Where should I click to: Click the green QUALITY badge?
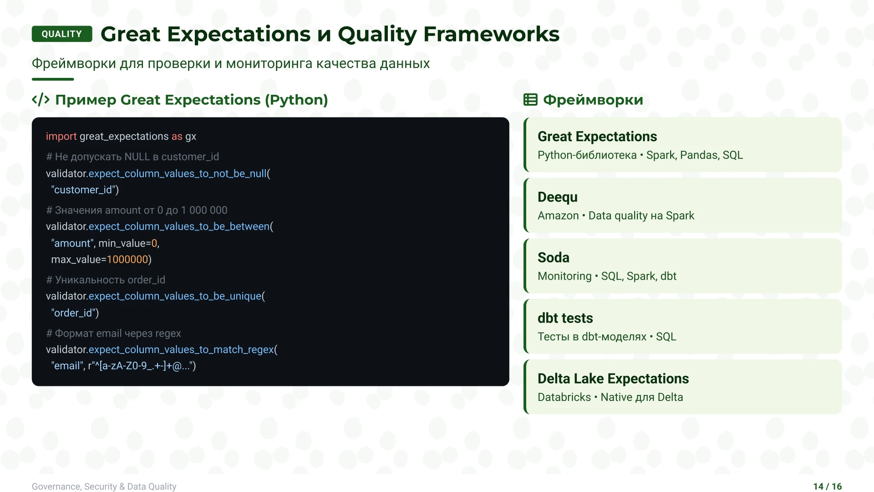point(62,34)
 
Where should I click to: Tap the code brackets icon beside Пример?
point(41,100)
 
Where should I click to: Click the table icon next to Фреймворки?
point(530,100)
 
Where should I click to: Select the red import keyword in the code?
point(61,136)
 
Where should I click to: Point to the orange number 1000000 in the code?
point(127,260)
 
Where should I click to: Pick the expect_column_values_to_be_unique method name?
point(175,296)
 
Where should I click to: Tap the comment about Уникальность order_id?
point(106,280)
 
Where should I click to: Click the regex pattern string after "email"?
point(141,366)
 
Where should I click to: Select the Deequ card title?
point(557,197)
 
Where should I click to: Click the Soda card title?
point(553,257)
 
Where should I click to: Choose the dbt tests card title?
point(565,318)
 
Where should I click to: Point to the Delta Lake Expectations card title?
point(613,379)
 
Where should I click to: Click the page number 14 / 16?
point(827,487)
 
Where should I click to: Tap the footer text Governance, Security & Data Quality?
point(104,487)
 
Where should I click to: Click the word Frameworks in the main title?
point(491,34)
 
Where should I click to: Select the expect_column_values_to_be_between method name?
point(179,226)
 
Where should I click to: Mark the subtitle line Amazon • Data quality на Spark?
point(615,215)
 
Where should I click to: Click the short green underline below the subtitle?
point(53,79)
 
